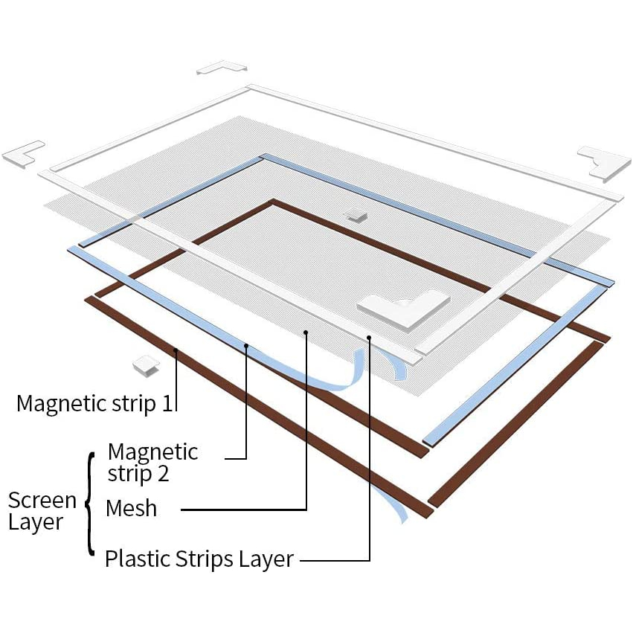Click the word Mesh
pos(131,508)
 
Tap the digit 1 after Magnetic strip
pos(167,403)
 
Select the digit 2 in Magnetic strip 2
pos(163,474)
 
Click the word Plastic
pos(138,559)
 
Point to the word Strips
pos(205,560)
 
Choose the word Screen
pos(42,501)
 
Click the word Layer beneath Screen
pos(36,522)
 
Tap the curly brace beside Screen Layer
pos(91,504)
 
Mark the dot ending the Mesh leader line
pos(306,332)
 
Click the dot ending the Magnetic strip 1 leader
pos(176,350)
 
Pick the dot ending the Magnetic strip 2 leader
pos(246,346)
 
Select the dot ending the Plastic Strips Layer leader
pos(369,337)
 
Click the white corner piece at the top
pos(222,67)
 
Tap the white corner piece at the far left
pos(23,155)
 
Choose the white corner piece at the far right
pos(604,162)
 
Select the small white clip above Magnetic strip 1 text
pos(146,366)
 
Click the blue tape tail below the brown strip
pos(390,504)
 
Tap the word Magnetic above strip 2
pos(152,453)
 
